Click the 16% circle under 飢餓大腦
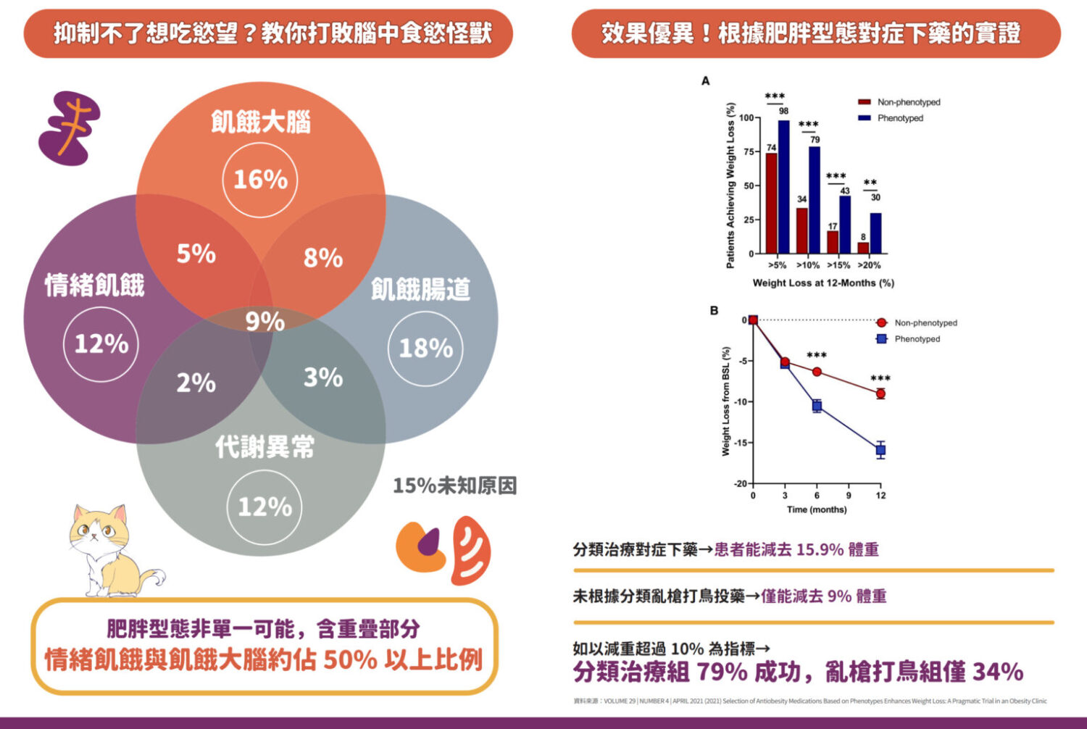(260, 179)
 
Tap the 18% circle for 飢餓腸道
(425, 348)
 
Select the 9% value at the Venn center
(265, 321)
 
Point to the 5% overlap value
(196, 254)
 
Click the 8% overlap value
(323, 257)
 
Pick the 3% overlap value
(323, 377)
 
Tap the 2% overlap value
(196, 382)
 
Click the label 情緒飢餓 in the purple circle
(95, 285)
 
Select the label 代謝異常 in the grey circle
(265, 447)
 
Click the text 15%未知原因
(455, 485)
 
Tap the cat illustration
(109, 549)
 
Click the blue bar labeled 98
(783, 187)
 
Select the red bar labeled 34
(801, 230)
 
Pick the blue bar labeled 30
(875, 233)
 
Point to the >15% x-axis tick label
(838, 265)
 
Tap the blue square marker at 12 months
(880, 450)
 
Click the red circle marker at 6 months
(817, 372)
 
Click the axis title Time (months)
(817, 509)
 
